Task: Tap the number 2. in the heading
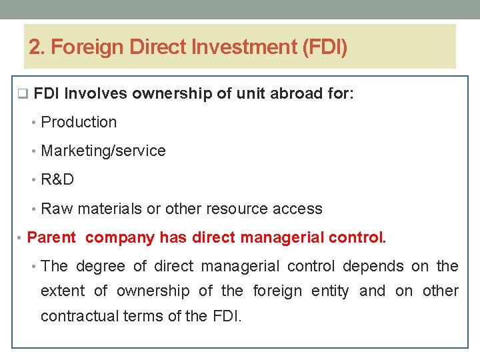pos(37,47)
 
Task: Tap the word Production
pos(79,122)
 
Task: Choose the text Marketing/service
pos(103,151)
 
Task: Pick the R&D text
pos(57,179)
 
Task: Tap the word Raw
pos(57,209)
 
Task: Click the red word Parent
pos(52,237)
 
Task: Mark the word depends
pos(373,267)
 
